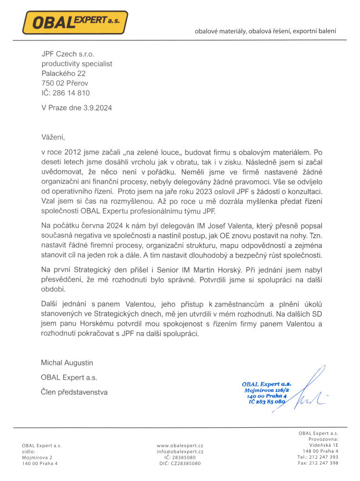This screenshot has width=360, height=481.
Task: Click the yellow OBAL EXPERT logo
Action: point(74,22)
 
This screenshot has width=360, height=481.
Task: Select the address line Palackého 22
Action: point(64,73)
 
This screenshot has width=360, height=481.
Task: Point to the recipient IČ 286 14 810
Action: point(65,93)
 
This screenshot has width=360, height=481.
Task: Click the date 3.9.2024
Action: point(95,108)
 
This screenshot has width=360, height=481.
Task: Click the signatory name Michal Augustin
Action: point(67,363)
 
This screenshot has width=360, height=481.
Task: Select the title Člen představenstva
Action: point(75,392)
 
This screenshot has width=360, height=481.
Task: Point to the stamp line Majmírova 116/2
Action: point(265,390)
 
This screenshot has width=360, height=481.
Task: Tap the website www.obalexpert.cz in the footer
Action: point(180,446)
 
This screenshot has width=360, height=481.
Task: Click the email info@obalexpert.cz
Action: point(180,452)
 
